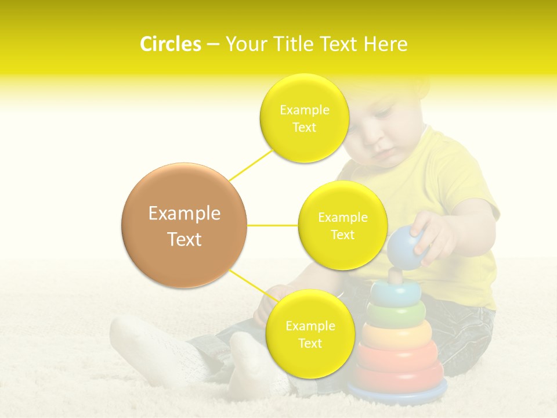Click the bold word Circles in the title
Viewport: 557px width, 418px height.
click(x=171, y=44)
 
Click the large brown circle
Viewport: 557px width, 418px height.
click(x=184, y=225)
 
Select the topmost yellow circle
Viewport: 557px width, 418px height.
click(x=304, y=118)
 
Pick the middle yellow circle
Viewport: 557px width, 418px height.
click(x=342, y=225)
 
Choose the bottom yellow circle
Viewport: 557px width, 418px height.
click(x=310, y=334)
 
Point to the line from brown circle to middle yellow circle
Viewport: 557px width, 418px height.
click(x=272, y=225)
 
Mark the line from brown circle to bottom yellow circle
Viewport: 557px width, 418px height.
click(x=250, y=284)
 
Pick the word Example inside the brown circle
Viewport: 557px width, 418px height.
click(x=184, y=214)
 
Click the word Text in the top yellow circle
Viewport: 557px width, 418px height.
click(x=304, y=128)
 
